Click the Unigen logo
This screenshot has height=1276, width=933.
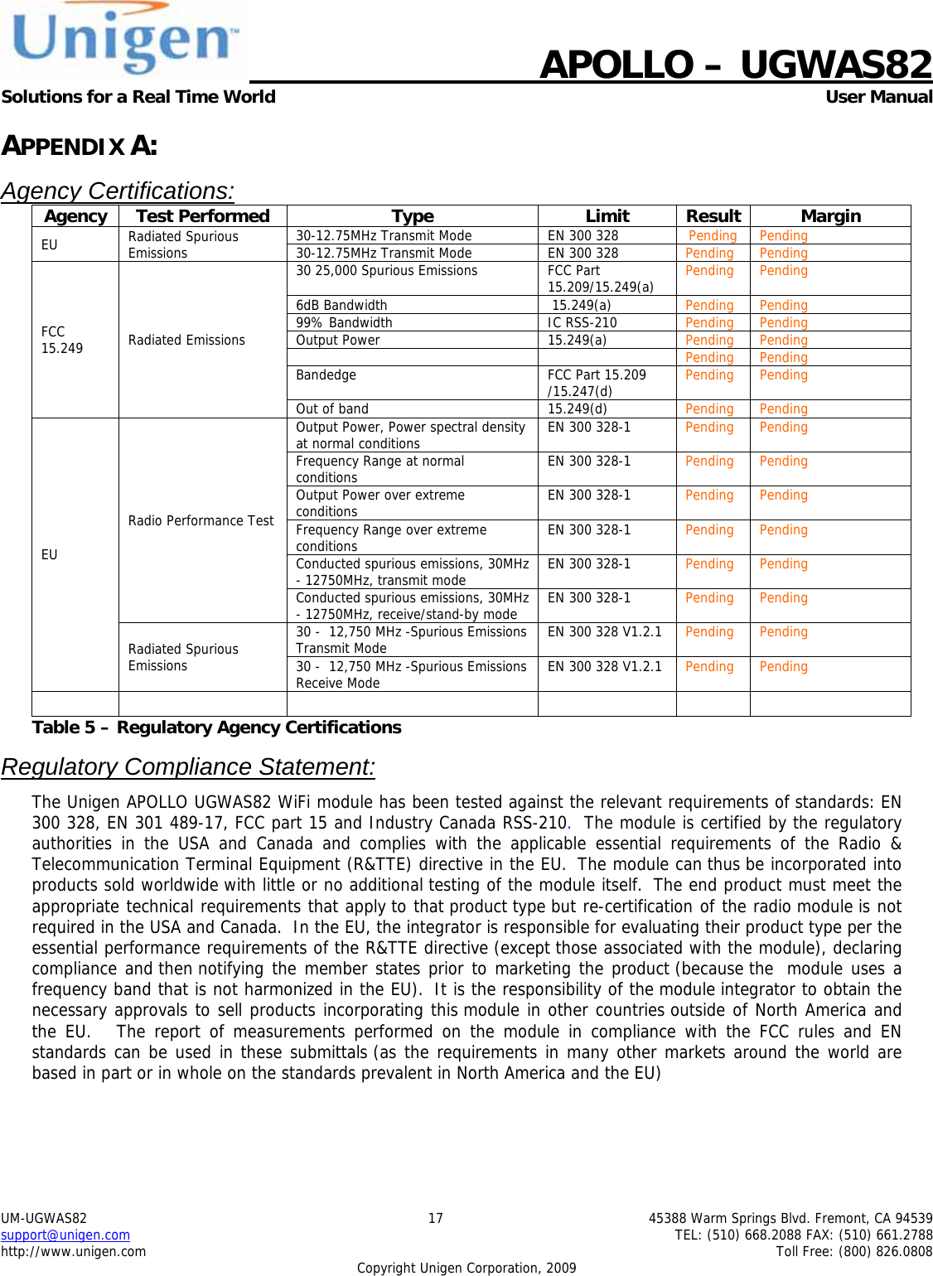124,39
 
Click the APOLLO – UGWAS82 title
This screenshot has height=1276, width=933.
735,65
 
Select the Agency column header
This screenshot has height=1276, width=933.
75,216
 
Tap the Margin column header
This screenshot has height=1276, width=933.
830,216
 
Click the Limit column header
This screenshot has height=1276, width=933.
607,216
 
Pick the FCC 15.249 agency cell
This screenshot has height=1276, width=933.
62,340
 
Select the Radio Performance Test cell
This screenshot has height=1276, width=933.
201,520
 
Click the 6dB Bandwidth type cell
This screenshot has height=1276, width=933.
341,305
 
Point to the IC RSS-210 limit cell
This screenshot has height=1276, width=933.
582,322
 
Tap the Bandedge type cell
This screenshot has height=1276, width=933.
326,375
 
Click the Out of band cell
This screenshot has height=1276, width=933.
332,408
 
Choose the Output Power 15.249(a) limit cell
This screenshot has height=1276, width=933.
577,340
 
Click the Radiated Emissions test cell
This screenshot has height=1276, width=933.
186,340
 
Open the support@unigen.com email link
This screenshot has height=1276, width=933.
65,1235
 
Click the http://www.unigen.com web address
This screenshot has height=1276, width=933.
73,1251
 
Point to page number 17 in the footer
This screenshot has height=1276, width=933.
435,1218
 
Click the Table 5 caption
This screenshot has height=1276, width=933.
216,727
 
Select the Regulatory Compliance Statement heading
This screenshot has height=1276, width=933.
188,766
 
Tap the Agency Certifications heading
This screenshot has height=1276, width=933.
118,191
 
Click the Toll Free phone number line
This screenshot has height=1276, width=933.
853,1251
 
